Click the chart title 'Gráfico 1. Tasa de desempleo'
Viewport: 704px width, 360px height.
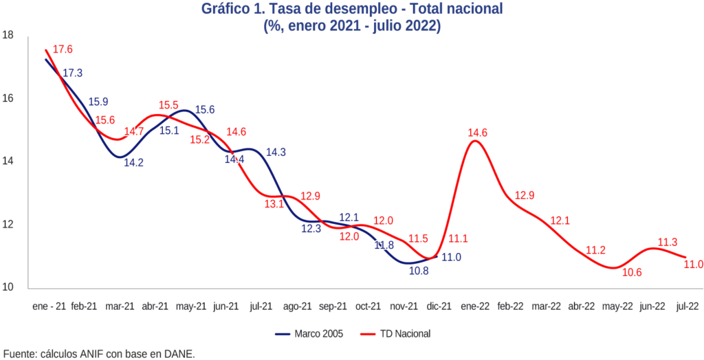(352, 9)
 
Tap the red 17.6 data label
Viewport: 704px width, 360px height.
(63, 49)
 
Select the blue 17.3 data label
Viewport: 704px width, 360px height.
(73, 73)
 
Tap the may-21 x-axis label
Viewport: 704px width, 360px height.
(191, 307)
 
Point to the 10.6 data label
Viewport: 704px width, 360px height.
(630, 273)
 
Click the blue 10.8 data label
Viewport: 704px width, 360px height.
(419, 271)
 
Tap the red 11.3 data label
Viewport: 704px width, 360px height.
(668, 242)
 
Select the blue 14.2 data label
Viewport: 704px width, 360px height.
(133, 164)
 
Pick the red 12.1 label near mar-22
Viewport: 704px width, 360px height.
(560, 221)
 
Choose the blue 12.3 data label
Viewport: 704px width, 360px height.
(311, 229)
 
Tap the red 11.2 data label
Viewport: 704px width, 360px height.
(595, 250)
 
